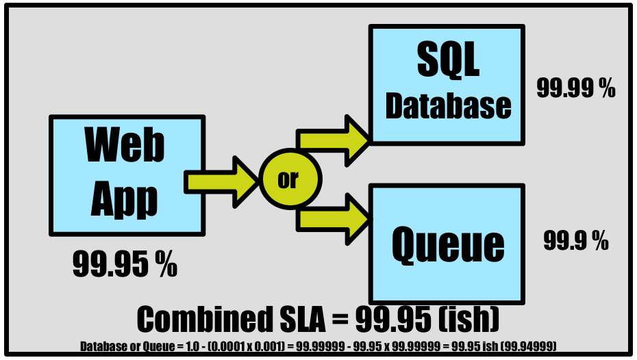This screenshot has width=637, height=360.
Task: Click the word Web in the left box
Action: [x=125, y=144]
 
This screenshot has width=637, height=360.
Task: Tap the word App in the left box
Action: [x=125, y=198]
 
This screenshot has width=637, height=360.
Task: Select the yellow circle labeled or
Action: [x=288, y=179]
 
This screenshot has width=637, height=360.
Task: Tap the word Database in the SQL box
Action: [x=448, y=105]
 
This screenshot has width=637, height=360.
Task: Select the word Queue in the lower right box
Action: [x=448, y=244]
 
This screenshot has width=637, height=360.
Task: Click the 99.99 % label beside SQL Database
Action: [x=575, y=89]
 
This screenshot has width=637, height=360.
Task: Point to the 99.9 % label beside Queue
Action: [x=576, y=240]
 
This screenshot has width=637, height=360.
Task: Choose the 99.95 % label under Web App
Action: [x=125, y=264]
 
